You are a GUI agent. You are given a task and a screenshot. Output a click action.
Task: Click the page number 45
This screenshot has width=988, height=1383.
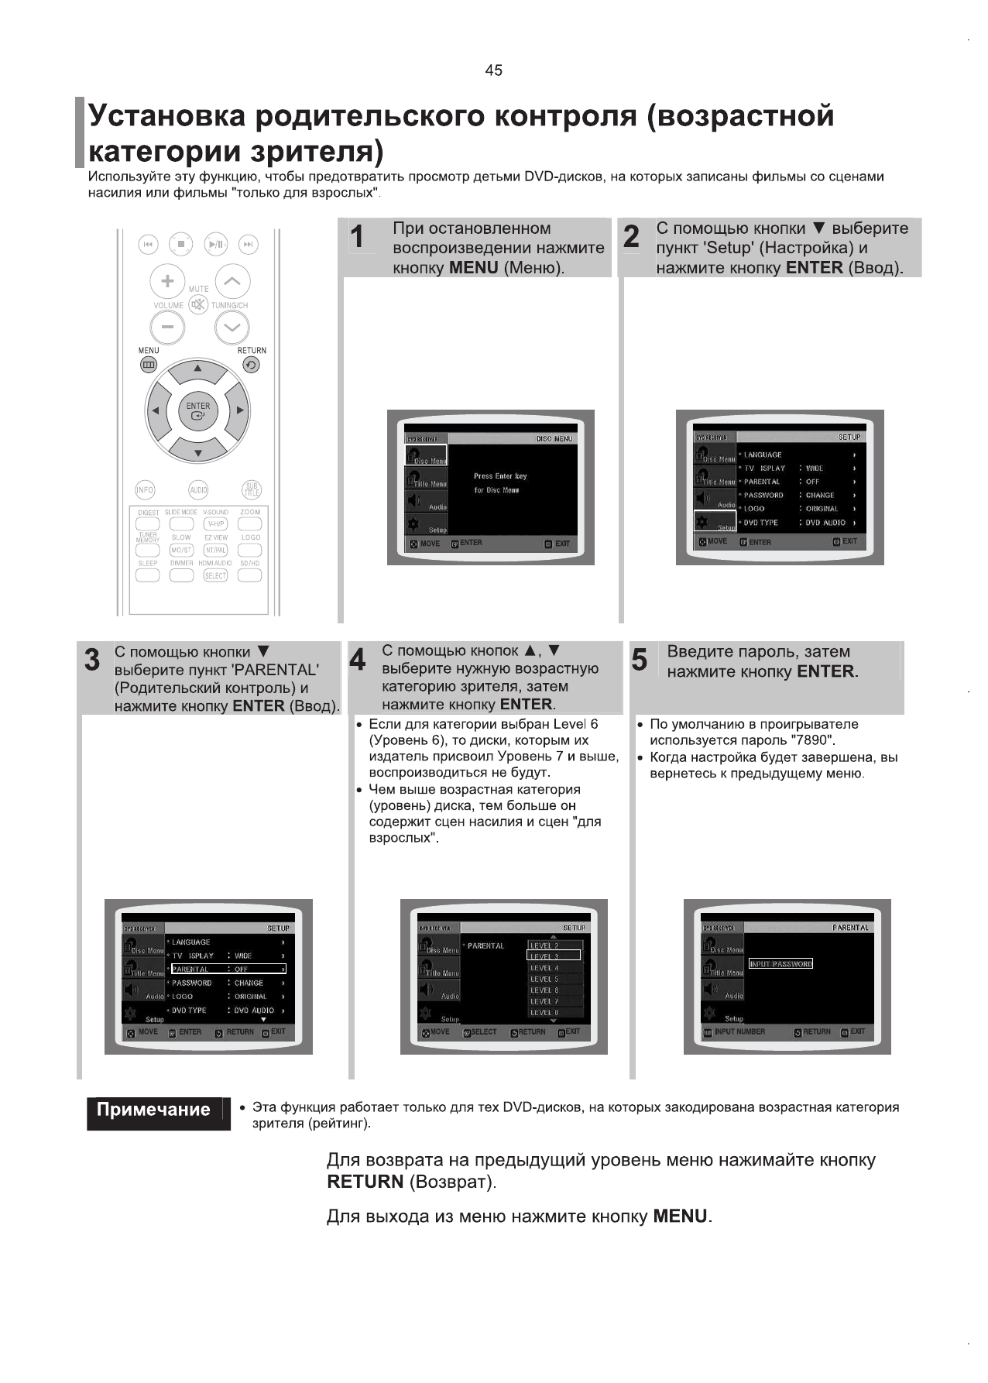coord(493,70)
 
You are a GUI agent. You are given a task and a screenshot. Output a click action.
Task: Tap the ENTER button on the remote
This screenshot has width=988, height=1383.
coord(198,410)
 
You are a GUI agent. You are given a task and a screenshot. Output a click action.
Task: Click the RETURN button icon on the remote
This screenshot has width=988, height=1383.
coord(251,365)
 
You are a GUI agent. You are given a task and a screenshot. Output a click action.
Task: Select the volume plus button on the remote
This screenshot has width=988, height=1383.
coord(167,280)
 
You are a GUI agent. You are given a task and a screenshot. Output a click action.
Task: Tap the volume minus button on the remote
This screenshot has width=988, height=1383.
coord(167,328)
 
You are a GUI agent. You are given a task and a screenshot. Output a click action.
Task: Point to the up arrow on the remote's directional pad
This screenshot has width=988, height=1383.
coord(198,369)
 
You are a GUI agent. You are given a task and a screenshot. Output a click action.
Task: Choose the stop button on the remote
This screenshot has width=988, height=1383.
coord(181,244)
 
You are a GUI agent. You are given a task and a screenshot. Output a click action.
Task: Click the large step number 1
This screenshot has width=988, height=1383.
coord(357,237)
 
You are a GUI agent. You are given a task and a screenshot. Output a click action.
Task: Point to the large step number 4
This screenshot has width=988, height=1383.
coord(358,661)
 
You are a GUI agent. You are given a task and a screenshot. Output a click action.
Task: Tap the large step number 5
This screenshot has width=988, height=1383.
coord(640,661)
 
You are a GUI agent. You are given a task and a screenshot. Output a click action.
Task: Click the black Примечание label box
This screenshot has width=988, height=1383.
coord(153,1110)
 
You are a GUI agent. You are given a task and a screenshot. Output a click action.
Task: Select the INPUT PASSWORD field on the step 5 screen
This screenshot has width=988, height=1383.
coord(780,964)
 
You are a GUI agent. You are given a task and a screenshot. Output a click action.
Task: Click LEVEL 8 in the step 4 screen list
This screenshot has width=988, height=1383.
coord(544,1012)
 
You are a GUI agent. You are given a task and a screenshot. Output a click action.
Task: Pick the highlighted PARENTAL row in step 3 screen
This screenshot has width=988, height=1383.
coord(228,969)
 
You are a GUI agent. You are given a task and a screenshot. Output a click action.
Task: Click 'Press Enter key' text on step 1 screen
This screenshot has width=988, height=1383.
coord(500,476)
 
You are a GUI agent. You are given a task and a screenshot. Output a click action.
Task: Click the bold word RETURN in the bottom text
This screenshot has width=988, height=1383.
coord(365,1182)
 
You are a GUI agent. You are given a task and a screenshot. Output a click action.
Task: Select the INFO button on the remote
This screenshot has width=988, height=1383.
coord(145,490)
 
